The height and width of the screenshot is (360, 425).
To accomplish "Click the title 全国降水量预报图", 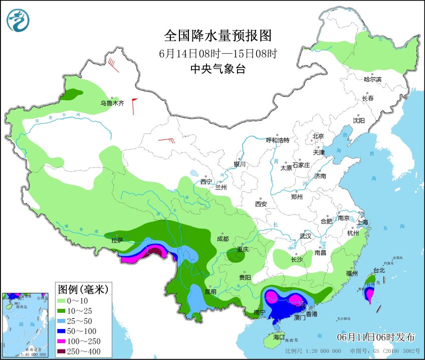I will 218,36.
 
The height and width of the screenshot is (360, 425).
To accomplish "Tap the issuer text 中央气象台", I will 218,70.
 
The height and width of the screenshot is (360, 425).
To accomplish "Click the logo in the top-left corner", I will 18,20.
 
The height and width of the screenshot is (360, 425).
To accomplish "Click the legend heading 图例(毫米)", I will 83,289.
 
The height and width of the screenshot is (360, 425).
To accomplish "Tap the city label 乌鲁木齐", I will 111,103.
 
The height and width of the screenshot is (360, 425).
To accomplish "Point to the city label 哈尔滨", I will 372,79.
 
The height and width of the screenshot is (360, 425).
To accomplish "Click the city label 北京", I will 318,136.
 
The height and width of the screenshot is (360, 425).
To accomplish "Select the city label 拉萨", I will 116,240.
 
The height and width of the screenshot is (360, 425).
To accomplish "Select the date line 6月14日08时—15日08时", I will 218,53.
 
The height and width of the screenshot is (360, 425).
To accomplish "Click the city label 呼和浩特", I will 277,140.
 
